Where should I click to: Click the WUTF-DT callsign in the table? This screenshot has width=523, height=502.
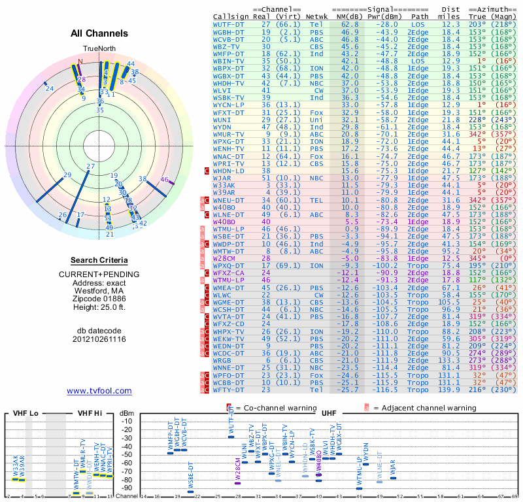tap(229, 24)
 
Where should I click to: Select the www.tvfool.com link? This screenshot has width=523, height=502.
tap(99, 391)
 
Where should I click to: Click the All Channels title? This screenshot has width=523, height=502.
tap(99, 33)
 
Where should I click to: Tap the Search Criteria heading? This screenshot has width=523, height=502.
tap(99, 260)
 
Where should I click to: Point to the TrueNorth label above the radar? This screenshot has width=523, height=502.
tap(99, 49)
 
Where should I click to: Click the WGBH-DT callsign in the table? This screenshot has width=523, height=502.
tap(229, 31)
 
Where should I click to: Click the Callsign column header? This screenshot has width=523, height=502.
tap(232, 16)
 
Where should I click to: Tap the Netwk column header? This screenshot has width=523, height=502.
tap(317, 16)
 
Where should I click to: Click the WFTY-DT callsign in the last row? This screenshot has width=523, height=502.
tap(229, 390)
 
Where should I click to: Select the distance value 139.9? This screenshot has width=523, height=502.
tap(450, 390)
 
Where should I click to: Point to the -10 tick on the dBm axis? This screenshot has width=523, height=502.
tap(126, 421)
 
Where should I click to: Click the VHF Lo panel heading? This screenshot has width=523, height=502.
tap(24, 414)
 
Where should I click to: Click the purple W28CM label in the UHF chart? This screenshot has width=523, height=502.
tap(238, 470)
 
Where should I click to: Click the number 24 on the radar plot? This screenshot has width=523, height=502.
tap(50, 88)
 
